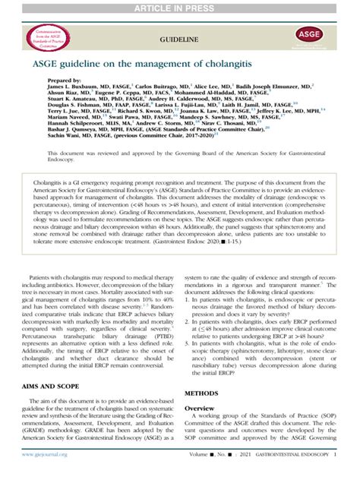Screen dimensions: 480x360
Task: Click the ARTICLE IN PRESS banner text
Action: (180, 8)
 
